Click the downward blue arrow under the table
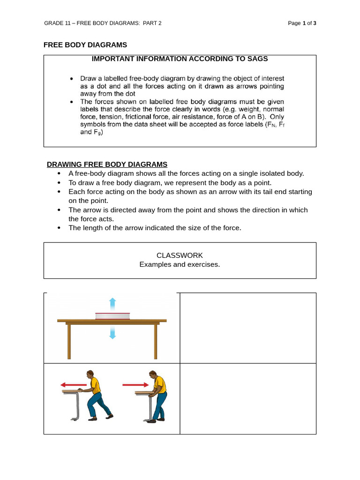pos(112,333)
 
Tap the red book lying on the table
pos(112,316)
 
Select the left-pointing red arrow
pos(74,385)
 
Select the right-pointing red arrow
pos(135,385)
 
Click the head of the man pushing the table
pos(152,375)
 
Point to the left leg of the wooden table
pos(69,341)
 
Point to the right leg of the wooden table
pos(155,341)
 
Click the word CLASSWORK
pos(180,255)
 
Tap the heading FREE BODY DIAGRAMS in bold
pos(85,45)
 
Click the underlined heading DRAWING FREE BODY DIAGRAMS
pos(107,164)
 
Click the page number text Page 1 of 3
pos(302,23)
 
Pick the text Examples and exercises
pos(180,264)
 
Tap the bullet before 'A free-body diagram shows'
pos(59,173)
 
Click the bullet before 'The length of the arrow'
pos(59,228)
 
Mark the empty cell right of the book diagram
pos(248,328)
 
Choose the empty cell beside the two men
pos(248,398)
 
